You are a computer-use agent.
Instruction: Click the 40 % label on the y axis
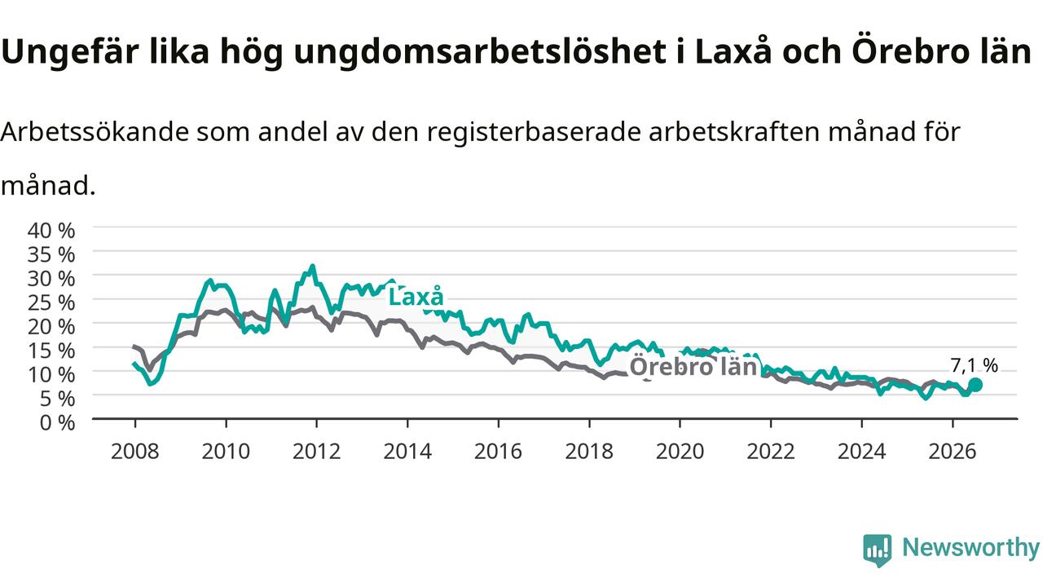51,231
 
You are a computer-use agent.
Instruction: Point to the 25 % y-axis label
51,302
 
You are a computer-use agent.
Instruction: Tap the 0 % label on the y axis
57,423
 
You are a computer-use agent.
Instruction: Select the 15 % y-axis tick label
51,351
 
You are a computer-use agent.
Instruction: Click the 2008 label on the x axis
135,452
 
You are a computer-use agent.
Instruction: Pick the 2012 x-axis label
317,452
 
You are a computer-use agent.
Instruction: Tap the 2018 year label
589,452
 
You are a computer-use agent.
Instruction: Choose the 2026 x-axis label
953,452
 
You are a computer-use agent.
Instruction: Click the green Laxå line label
416,297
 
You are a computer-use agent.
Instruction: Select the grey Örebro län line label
693,366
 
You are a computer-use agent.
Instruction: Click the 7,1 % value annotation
974,366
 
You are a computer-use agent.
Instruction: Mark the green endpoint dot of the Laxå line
975,385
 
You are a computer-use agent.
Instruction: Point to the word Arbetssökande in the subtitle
95,132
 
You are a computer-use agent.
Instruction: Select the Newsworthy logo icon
878,549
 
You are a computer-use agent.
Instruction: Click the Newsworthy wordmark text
970,548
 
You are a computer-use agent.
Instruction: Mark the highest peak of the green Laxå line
312,266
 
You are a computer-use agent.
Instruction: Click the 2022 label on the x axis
771,452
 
